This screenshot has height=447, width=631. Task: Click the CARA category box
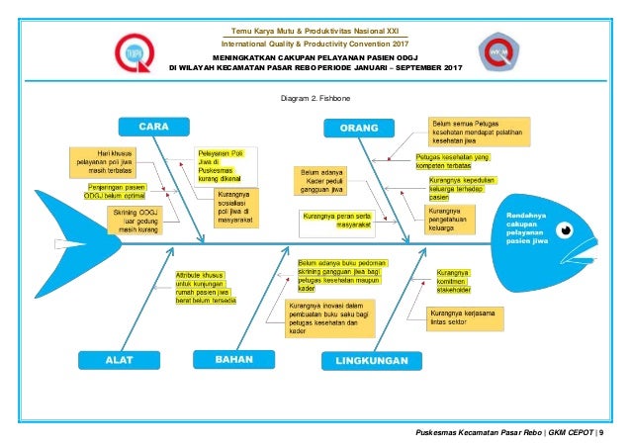pos(151,128)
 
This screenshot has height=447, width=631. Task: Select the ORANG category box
pos(356,128)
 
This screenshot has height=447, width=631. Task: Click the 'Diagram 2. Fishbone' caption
pos(315,100)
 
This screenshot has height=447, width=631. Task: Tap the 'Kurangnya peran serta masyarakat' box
pos(330,220)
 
